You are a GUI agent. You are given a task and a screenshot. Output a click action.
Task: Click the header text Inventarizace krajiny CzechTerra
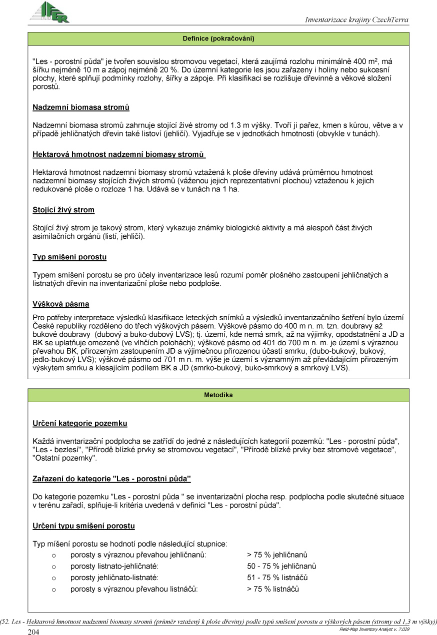pos(356,20)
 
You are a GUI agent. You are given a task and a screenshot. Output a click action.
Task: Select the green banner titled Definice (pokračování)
pos(218,38)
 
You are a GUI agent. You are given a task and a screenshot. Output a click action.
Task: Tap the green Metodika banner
pos(218,395)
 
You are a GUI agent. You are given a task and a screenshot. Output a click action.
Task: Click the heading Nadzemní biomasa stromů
pos(81,107)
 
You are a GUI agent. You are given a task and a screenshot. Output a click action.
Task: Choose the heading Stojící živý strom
pos(63,210)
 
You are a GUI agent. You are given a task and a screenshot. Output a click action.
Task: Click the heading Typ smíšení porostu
pos(69,257)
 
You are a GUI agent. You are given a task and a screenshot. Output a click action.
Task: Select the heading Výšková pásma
pos(61,304)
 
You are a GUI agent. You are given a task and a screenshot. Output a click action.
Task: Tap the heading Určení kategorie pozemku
pos(80,424)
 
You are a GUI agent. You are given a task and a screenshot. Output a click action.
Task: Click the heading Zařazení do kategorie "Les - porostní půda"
pos(112,479)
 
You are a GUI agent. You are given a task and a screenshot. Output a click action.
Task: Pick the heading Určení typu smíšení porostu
pos(83,526)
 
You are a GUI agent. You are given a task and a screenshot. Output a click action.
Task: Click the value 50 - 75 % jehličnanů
pos(281,566)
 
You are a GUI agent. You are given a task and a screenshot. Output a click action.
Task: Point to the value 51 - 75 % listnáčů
pos(277,578)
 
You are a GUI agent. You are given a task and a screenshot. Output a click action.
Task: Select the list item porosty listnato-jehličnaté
pos(114,566)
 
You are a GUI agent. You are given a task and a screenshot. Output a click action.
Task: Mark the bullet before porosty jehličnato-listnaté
pos(53,578)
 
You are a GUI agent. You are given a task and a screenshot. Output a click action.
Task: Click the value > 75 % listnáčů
pos(272,589)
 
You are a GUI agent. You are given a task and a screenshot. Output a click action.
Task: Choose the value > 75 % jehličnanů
pos(277,555)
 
